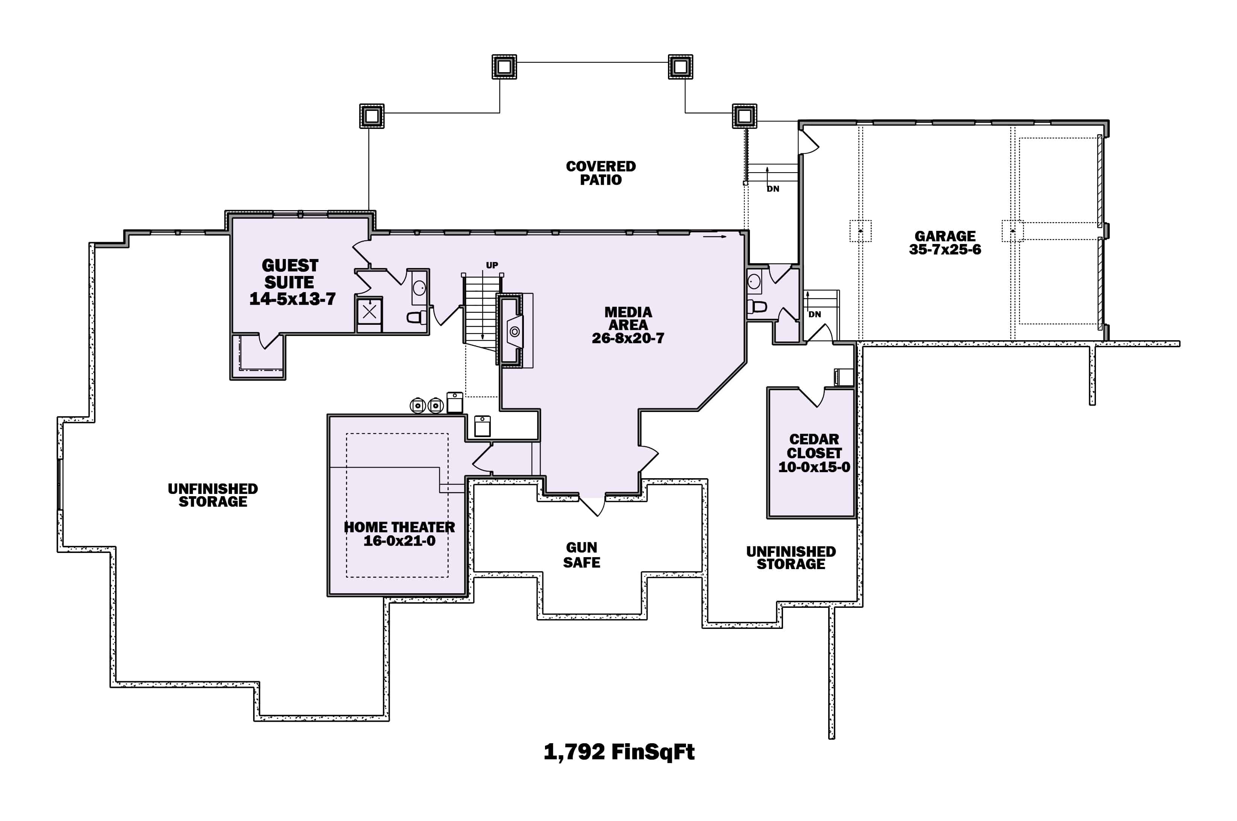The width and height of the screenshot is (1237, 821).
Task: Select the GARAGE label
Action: pyautogui.click(x=945, y=236)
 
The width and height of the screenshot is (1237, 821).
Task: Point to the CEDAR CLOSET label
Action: pyautogui.click(x=814, y=446)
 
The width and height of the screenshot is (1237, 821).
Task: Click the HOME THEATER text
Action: pyautogui.click(x=399, y=527)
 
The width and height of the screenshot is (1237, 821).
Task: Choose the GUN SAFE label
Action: pyautogui.click(x=581, y=554)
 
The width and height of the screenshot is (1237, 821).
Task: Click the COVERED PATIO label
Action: pyautogui.click(x=601, y=173)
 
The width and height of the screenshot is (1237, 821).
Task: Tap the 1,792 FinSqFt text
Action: pyautogui.click(x=619, y=752)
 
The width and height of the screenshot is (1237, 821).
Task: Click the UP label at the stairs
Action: pyautogui.click(x=492, y=265)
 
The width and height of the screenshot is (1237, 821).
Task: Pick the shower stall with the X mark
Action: pyautogui.click(x=369, y=312)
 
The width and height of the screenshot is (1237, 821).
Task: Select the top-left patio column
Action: pyautogui.click(x=504, y=67)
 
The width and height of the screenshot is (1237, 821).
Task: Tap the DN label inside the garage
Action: pyautogui.click(x=814, y=315)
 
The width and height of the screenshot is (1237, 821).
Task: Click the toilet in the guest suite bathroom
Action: pyautogui.click(x=416, y=317)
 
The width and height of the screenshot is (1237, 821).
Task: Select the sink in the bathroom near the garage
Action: pyautogui.click(x=754, y=281)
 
